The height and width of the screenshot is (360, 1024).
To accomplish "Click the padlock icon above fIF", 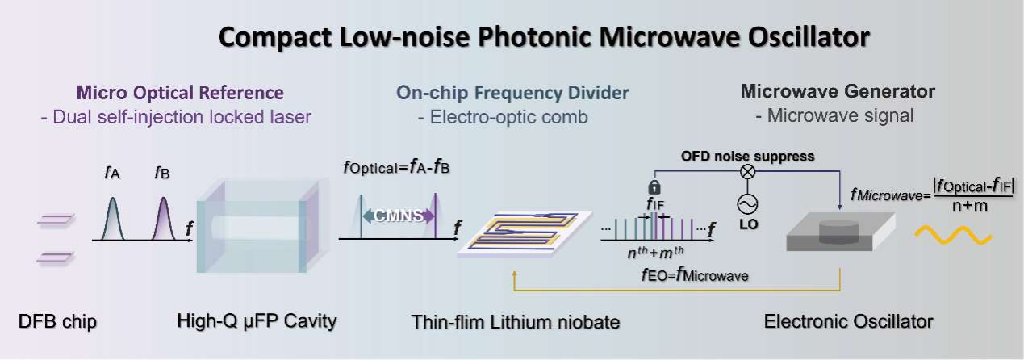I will (654, 186).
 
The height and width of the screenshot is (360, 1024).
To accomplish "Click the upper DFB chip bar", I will (56, 220).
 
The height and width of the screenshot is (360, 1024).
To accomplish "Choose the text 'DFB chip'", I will (57, 322).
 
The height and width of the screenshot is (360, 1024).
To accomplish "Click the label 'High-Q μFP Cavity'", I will (256, 322).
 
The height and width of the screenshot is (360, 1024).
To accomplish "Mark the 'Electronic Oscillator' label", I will (848, 322).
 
